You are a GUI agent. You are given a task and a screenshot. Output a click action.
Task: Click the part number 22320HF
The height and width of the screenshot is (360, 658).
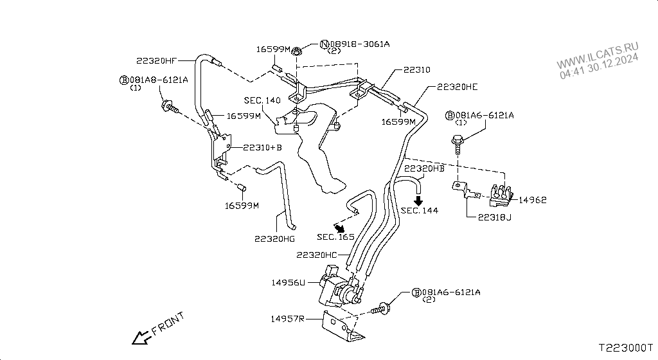click(156, 61)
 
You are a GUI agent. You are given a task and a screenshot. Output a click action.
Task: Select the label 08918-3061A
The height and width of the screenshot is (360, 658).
click(359, 44)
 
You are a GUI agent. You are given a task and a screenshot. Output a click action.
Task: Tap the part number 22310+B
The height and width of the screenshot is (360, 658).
click(264, 147)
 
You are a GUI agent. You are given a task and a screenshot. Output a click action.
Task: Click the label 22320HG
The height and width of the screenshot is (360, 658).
click(276, 239)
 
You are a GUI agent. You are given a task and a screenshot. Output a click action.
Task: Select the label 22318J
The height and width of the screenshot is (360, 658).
click(495, 217)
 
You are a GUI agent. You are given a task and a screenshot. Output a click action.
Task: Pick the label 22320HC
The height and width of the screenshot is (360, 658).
click(317, 255)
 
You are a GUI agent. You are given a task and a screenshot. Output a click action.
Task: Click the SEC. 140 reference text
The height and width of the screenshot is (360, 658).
click(262, 101)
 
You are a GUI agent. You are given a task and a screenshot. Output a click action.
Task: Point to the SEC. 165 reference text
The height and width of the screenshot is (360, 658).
click(335, 237)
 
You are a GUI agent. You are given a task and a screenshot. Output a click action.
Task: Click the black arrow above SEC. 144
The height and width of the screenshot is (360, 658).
click(418, 201)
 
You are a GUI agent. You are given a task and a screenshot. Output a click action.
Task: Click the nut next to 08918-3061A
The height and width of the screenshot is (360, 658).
click(297, 51)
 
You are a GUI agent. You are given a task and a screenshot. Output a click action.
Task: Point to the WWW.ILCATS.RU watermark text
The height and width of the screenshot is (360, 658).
click(598, 56)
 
